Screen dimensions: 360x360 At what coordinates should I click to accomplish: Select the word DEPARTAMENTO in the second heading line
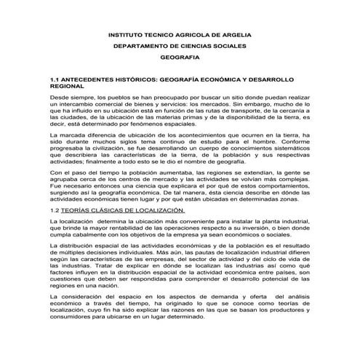[x=146, y=46]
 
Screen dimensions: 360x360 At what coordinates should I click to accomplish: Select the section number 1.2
[x=54, y=210]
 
